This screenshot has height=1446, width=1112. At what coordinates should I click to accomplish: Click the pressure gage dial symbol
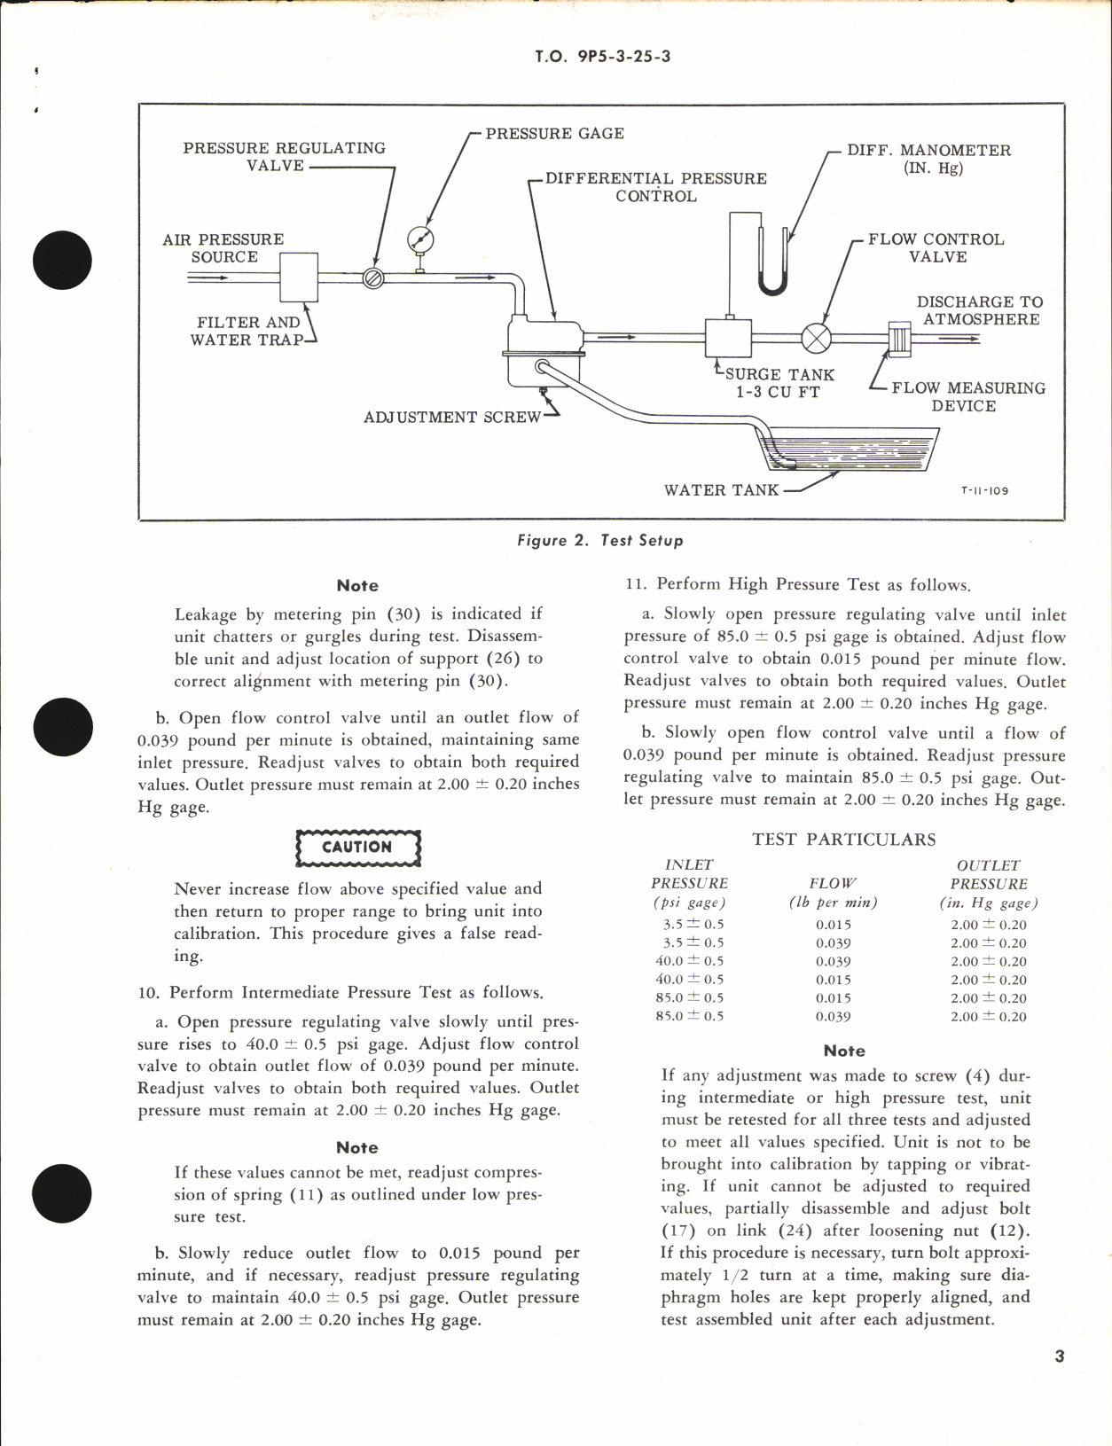420,239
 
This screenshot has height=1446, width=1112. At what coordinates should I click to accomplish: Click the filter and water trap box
299,277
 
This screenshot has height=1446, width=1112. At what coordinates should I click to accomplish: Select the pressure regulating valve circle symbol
373,278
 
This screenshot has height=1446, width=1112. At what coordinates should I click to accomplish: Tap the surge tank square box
728,337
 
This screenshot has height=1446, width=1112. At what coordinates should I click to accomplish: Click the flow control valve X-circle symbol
816,338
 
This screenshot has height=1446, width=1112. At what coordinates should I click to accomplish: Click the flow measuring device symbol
900,338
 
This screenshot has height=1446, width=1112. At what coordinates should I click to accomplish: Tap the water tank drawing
847,448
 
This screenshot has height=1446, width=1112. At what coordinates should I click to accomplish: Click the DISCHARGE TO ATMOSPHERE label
979,310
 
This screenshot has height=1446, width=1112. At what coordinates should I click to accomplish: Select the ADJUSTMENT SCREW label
451,417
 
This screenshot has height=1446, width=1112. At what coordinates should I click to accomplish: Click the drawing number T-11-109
984,490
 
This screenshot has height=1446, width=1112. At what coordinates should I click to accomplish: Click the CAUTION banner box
357,848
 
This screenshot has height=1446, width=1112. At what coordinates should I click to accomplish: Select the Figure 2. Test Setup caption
600,540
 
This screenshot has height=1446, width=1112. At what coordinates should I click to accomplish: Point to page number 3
1060,1356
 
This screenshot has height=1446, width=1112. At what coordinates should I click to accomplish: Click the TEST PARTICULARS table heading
843,839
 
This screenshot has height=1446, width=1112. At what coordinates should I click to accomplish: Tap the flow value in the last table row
833,1017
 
